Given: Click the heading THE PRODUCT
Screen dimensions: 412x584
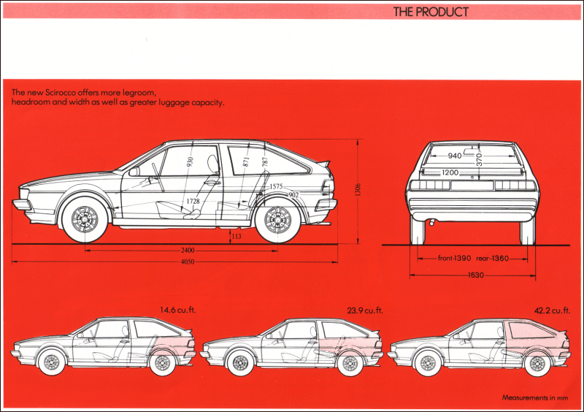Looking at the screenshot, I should (x=431, y=12).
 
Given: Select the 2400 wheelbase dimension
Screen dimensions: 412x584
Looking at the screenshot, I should (x=188, y=250).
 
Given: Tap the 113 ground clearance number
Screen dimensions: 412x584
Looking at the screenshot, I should (x=236, y=236).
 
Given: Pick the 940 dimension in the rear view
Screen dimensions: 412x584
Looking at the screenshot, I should (x=455, y=156).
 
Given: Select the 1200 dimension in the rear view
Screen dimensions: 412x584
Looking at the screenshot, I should (x=450, y=173).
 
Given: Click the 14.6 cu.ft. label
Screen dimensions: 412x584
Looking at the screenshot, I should (x=178, y=310).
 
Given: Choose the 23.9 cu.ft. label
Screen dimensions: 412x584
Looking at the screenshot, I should (x=365, y=310).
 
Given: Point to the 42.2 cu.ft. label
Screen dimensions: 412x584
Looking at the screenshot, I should (x=552, y=310).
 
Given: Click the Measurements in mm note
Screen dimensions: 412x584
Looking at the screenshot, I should (x=534, y=397).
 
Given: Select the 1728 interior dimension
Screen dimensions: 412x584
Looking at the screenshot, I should (x=193, y=201).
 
